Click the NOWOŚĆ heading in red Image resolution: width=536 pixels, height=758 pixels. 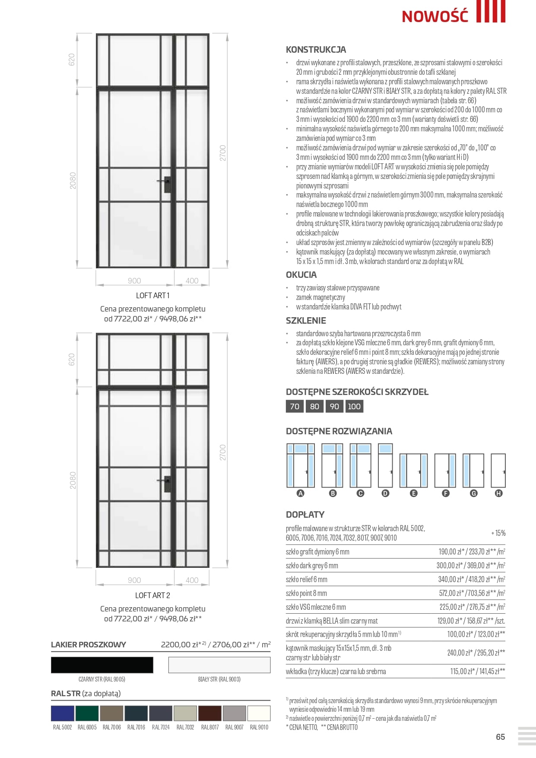435,16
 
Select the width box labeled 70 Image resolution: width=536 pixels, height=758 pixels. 295,406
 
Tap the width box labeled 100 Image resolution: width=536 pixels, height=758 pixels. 354,406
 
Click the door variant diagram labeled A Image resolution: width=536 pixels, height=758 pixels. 301,465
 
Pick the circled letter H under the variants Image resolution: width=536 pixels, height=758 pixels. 498,493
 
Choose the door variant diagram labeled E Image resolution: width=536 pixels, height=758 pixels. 413,470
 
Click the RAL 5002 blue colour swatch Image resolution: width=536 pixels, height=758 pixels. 63,713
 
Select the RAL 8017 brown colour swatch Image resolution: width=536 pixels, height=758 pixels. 210,713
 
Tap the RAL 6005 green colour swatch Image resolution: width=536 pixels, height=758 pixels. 87,713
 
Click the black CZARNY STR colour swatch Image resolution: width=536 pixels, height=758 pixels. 102,665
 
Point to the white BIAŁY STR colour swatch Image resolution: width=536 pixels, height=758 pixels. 219,665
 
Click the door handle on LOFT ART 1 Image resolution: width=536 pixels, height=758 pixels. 166,183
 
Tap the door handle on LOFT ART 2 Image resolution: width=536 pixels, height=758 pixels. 166,483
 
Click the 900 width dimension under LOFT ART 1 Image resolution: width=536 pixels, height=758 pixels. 134,281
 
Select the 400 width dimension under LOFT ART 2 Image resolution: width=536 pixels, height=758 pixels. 192,580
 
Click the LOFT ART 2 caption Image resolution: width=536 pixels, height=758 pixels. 152,595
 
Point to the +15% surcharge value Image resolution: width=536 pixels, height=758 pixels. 498,533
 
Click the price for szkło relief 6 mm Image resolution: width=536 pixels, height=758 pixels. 471,579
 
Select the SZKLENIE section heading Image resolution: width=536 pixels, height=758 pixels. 306,321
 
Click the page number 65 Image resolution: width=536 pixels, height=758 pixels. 500,737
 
